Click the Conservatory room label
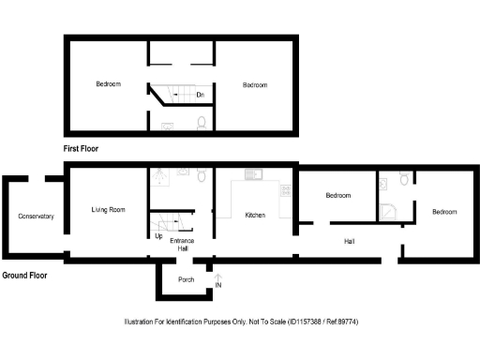point(36,217)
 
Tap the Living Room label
point(108,209)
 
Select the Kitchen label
point(255,215)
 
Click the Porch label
point(185,279)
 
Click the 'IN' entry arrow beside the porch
point(218,278)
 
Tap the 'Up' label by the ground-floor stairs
point(158,236)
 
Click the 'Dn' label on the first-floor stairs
point(201,94)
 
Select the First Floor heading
point(82,148)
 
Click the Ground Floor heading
point(24,276)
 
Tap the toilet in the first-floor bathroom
point(202,122)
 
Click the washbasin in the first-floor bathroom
point(168,124)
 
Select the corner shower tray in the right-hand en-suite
point(387,210)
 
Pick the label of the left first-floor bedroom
point(108,84)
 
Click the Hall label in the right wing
point(349,242)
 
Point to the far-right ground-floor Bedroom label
point(443,211)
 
